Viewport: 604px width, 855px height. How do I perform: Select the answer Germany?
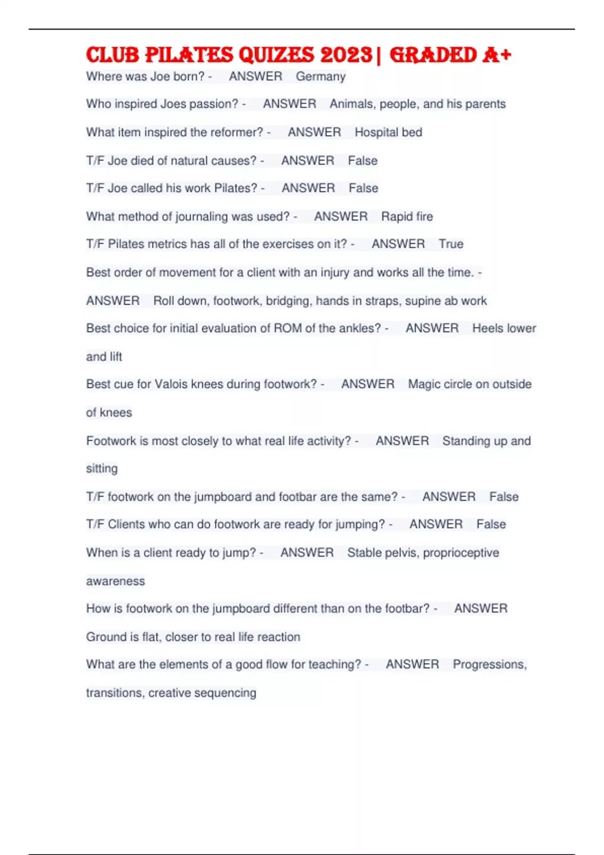321,76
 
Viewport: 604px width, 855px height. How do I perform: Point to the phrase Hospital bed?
388,132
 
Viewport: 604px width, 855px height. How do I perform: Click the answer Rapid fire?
407,217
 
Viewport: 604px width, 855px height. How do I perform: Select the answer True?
450,244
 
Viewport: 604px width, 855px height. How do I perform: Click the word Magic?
424,384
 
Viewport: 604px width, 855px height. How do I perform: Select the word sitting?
102,469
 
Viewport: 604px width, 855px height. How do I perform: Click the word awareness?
115,581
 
